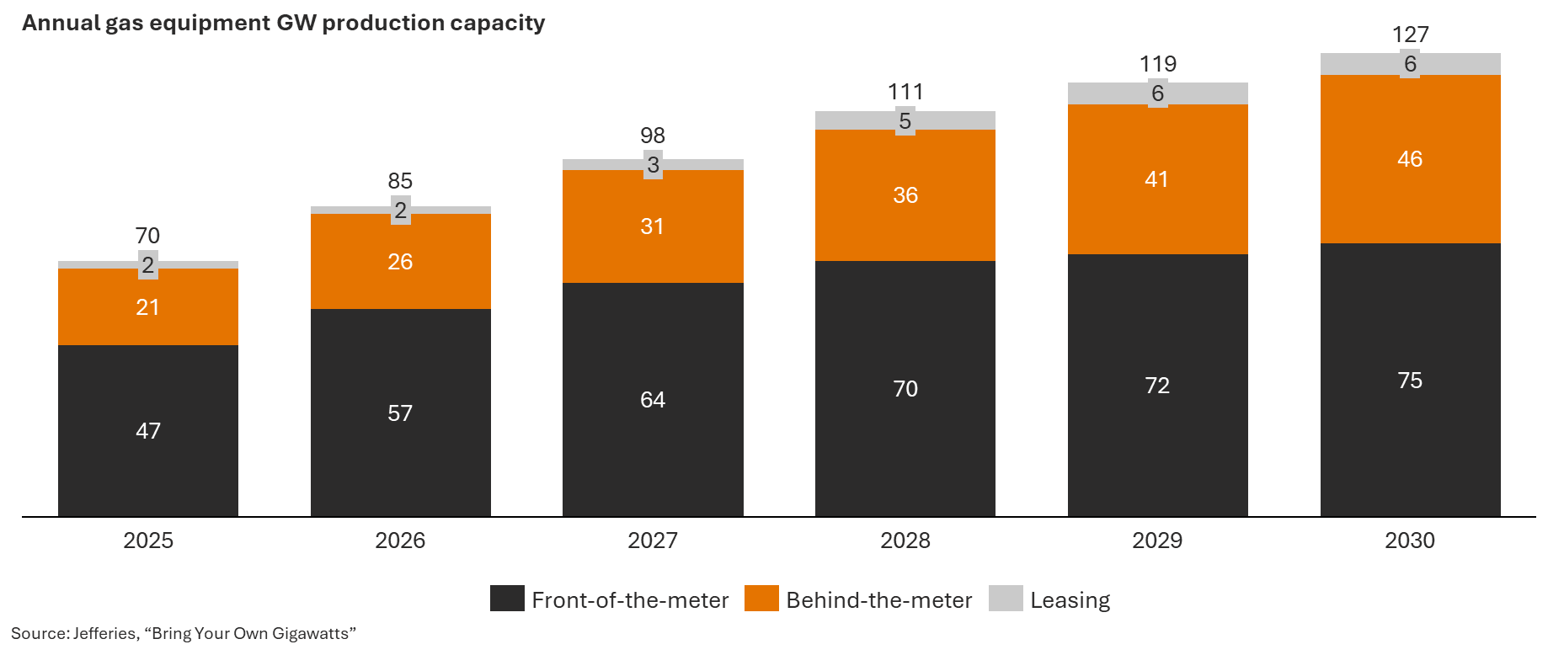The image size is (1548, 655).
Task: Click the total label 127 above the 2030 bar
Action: (x=1410, y=35)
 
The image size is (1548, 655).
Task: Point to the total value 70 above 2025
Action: (x=147, y=236)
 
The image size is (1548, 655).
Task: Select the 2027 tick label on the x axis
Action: (x=653, y=541)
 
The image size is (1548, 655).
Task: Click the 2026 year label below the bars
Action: (x=400, y=541)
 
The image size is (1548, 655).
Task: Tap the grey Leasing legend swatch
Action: (x=1006, y=599)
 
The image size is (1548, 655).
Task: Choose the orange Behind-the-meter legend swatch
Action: (x=761, y=599)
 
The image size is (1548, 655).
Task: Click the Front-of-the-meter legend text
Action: (x=630, y=600)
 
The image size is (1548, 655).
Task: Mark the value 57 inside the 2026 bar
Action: (x=400, y=413)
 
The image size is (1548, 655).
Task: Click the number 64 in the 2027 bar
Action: (x=653, y=400)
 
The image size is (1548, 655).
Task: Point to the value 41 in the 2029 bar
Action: (x=1156, y=179)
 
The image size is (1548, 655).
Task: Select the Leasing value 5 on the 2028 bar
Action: (x=905, y=121)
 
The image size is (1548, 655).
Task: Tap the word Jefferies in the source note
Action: (x=105, y=633)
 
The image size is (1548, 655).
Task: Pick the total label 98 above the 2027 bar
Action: (x=653, y=136)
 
